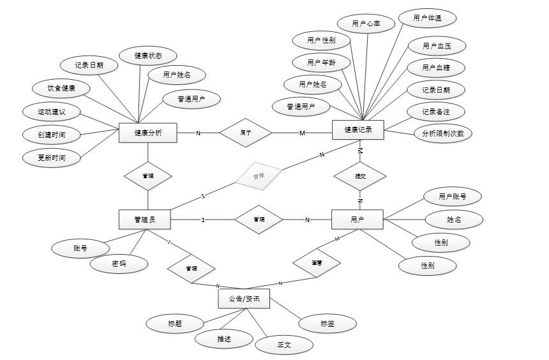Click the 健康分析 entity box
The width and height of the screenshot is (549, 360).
[147, 133]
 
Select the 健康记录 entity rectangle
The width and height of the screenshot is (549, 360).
[357, 130]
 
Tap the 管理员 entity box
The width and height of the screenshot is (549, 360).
[145, 220]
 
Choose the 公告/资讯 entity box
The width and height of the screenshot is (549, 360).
[244, 299]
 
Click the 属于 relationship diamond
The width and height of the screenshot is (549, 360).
[246, 133]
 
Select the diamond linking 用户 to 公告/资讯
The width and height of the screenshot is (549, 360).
[316, 262]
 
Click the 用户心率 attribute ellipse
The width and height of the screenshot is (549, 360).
[366, 24]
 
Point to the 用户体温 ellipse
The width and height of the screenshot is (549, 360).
[427, 19]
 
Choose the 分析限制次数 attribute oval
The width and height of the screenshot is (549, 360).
[442, 133]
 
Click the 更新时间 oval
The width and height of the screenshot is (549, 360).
[51, 157]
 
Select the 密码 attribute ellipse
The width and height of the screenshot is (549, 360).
[119, 264]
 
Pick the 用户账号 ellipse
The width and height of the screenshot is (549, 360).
[452, 197]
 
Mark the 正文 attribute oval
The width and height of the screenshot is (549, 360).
[284, 345]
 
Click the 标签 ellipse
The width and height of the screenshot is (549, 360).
[327, 324]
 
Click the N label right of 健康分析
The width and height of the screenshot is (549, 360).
[198, 133]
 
